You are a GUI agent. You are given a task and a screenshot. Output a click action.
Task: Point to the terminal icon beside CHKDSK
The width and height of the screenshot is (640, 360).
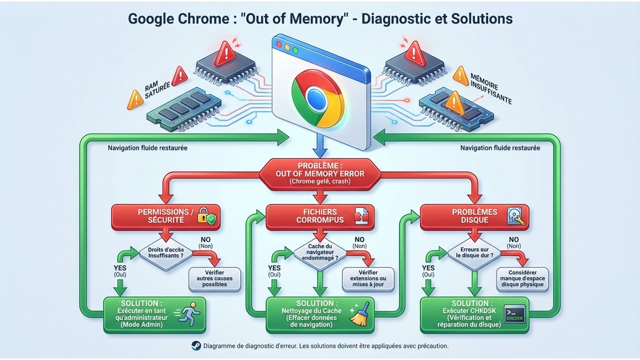(514, 314)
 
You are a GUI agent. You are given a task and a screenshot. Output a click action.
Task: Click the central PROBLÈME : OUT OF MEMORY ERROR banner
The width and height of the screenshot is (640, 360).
(320, 173)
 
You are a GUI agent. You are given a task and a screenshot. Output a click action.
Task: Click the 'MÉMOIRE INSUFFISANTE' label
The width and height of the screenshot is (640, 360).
(490, 88)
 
